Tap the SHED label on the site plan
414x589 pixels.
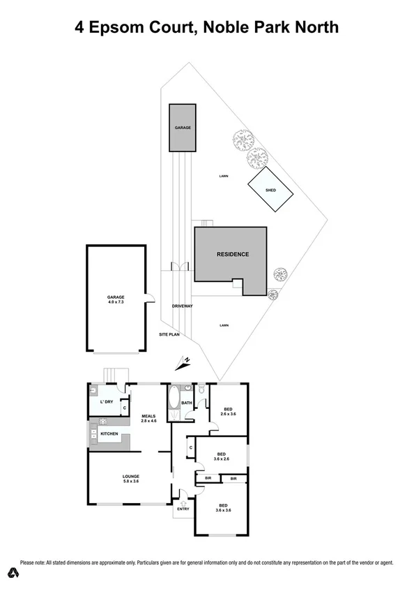click(x=270, y=190)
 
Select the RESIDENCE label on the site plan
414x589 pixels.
click(x=232, y=255)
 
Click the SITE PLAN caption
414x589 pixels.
click(x=168, y=335)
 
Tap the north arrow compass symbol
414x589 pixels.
click(x=185, y=361)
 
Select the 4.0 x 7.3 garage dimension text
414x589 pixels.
click(x=116, y=302)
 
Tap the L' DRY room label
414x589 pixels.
click(x=107, y=403)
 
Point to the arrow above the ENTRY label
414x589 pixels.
click(x=183, y=500)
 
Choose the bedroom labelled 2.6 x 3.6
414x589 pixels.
click(x=227, y=412)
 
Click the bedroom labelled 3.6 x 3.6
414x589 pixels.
click(x=223, y=508)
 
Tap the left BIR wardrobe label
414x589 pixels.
click(x=208, y=479)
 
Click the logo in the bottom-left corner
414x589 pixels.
click(x=12, y=574)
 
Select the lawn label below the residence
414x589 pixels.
click(x=224, y=325)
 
